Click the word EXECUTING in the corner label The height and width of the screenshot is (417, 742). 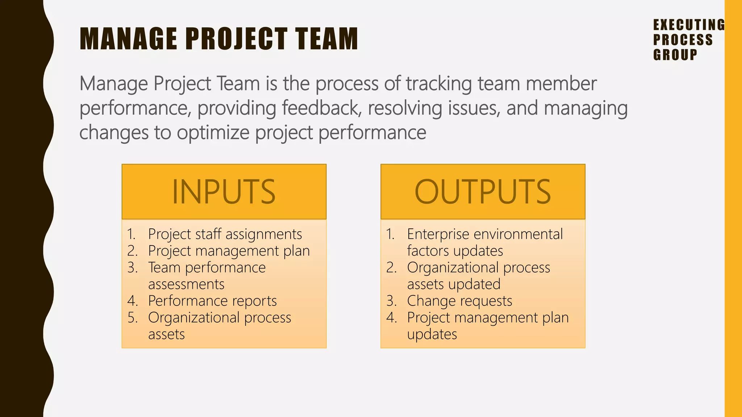688,25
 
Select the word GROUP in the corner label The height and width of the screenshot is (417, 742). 675,55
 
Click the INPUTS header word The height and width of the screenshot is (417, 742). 224,192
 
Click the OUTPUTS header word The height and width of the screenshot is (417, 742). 483,192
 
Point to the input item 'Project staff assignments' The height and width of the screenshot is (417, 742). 225,234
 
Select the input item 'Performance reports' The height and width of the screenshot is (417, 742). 212,301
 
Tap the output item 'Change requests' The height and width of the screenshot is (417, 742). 459,301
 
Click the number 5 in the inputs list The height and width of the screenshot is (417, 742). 132,317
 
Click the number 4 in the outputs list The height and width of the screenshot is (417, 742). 391,317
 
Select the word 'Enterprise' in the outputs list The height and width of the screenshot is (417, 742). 438,234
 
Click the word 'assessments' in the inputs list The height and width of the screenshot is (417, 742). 186,284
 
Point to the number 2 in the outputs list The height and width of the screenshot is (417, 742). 391,268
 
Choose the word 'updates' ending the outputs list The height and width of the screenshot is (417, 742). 432,334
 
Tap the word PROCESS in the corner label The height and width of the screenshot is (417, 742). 683,40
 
